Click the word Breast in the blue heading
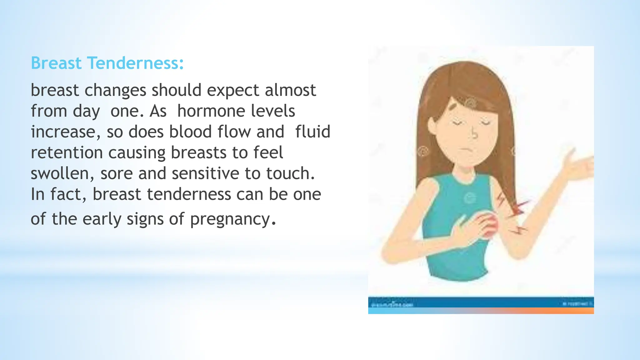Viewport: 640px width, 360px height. click(56, 63)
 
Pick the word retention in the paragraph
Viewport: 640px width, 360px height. click(67, 153)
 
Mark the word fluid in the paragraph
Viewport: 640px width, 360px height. click(312, 132)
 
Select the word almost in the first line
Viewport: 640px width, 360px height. click(290, 91)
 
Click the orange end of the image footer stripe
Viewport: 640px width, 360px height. click(581, 311)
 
